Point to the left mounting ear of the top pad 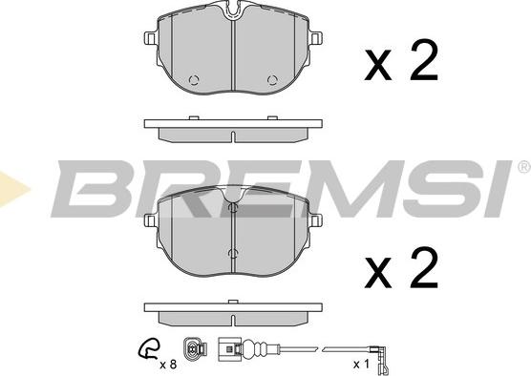(x=151, y=38)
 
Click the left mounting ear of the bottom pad (x=151, y=219)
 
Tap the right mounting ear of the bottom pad (x=315, y=219)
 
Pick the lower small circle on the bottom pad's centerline (x=233, y=252)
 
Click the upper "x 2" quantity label (x=400, y=63)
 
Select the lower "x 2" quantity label (x=400, y=270)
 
